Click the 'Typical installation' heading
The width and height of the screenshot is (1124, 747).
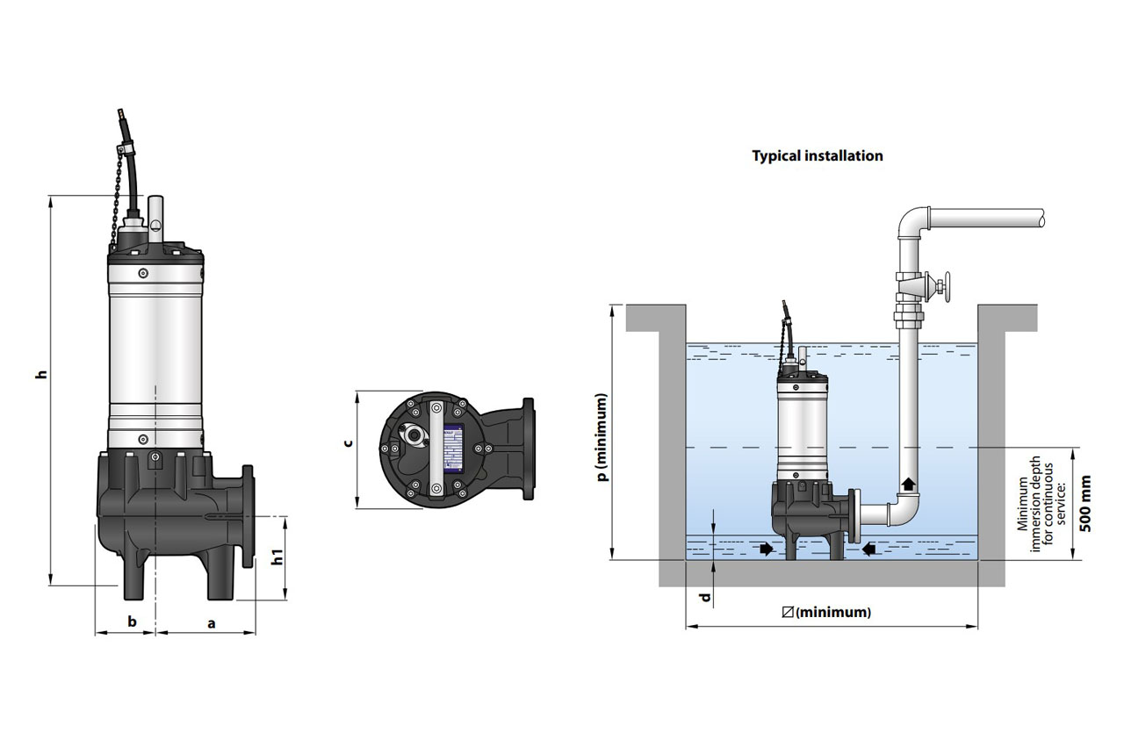pyautogui.click(x=817, y=156)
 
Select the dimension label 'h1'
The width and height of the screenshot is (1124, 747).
pyautogui.click(x=277, y=557)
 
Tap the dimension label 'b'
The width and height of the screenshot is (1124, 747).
pyautogui.click(x=132, y=621)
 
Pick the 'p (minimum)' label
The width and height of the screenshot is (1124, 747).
pyautogui.click(x=602, y=437)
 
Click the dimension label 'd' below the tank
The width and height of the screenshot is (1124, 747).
pyautogui.click(x=704, y=600)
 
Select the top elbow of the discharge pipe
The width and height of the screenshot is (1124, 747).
pyautogui.click(x=913, y=221)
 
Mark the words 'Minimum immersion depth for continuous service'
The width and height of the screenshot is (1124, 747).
pyautogui.click(x=1035, y=504)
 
